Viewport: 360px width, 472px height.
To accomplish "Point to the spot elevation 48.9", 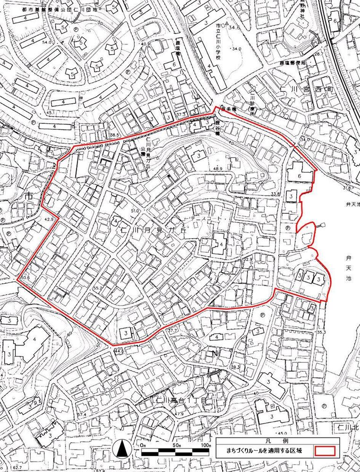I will pyautogui.click(x=217, y=169).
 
